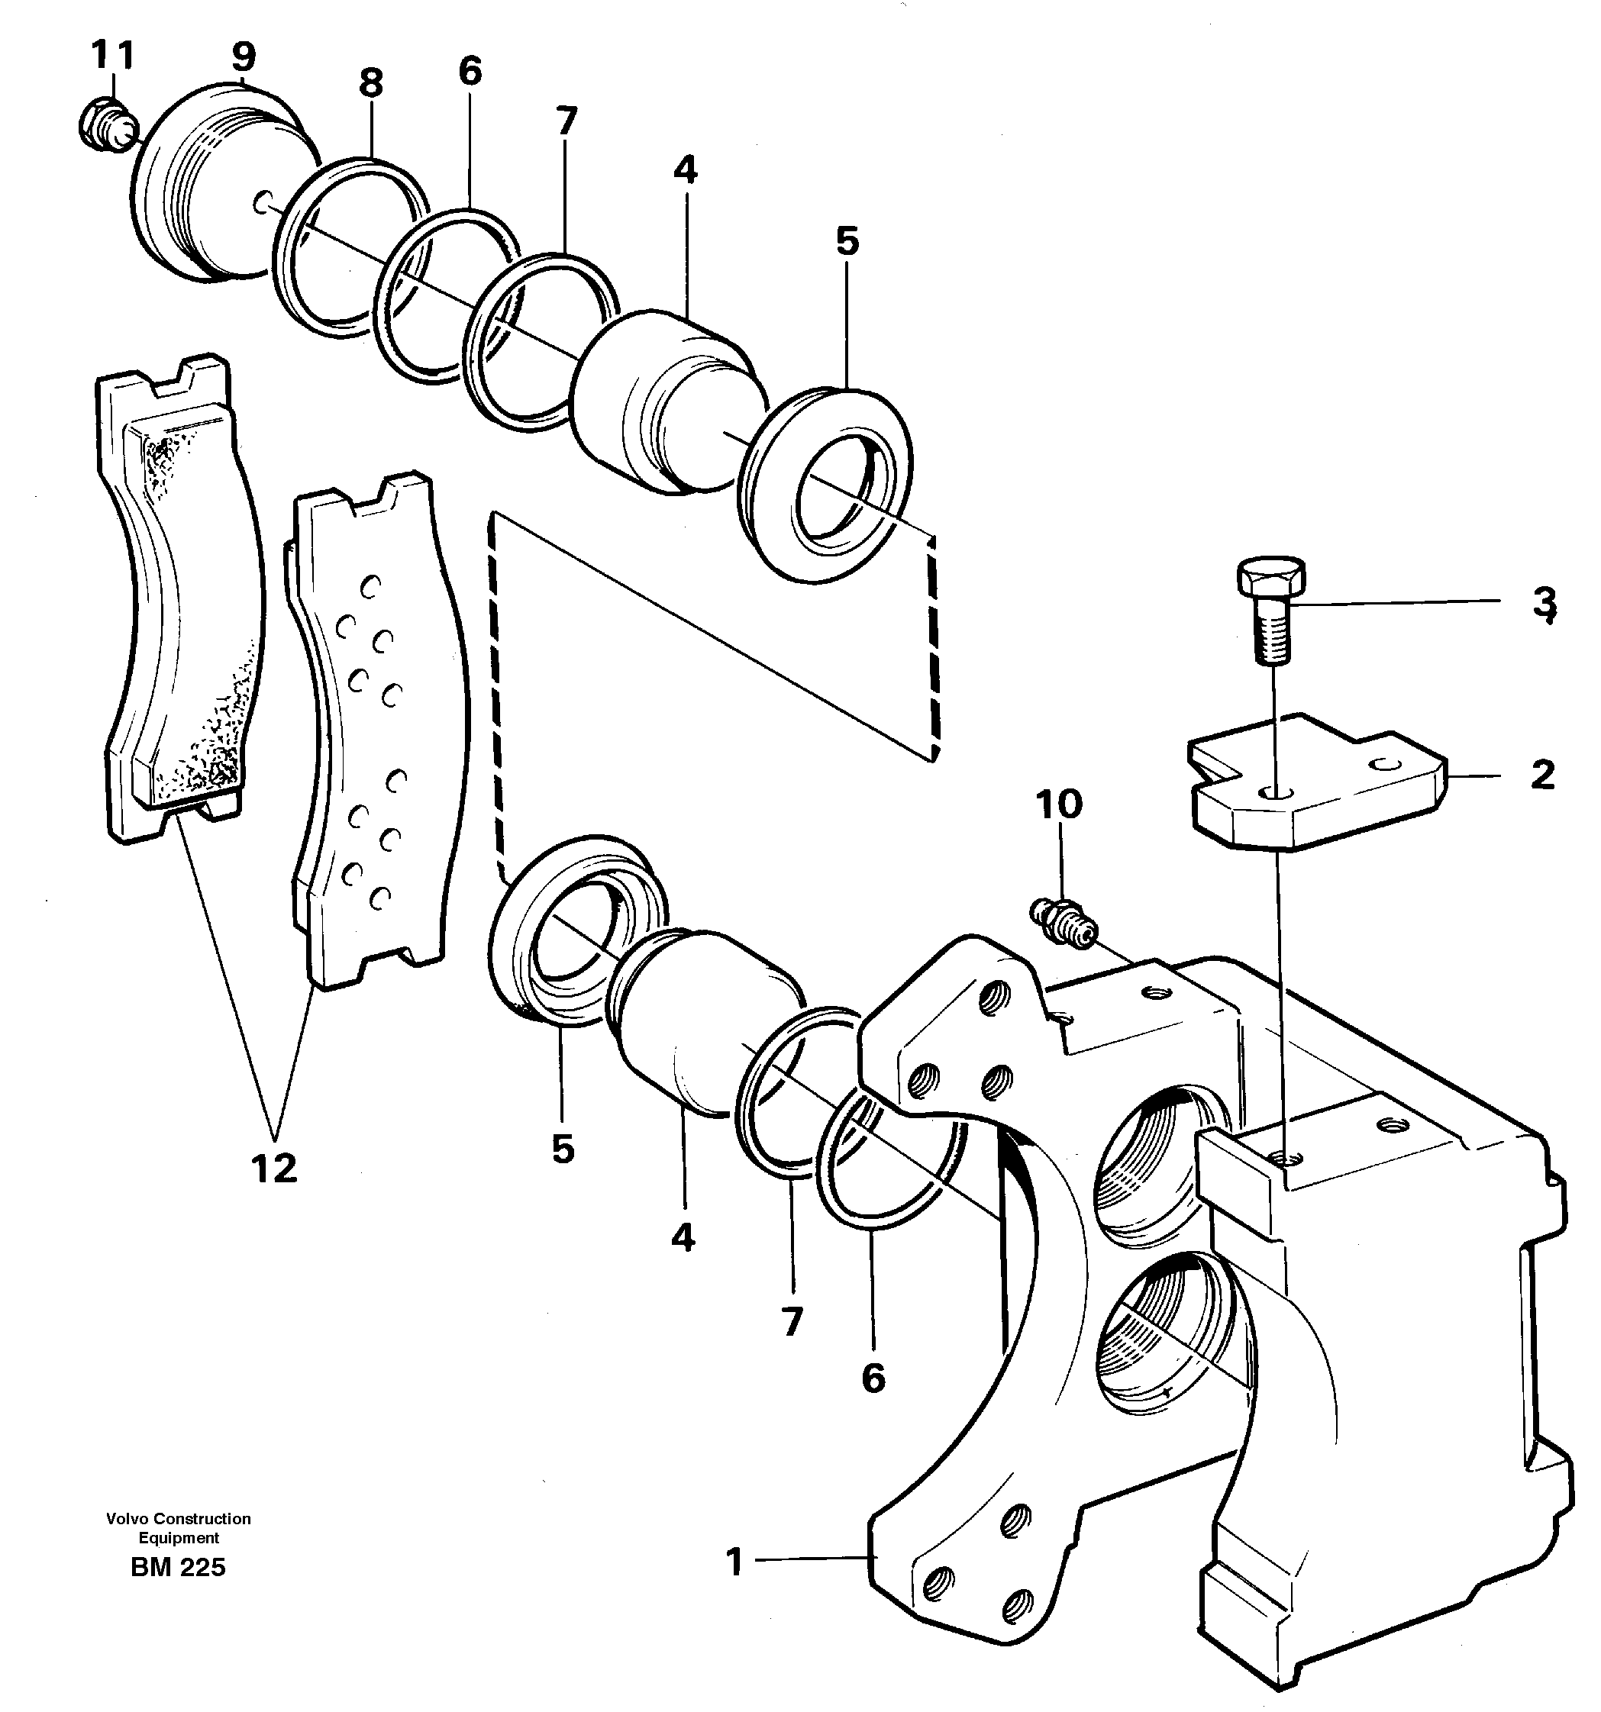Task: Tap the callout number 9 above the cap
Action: point(244,56)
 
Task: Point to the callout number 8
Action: point(370,83)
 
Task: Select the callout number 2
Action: point(1542,775)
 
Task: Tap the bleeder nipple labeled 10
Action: point(1064,922)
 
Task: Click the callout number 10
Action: point(1058,804)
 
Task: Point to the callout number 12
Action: point(275,1169)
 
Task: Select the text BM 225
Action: point(179,1567)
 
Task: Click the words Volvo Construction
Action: point(179,1518)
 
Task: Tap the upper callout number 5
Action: point(847,241)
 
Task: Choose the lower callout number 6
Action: point(873,1378)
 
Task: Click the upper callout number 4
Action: point(686,169)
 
